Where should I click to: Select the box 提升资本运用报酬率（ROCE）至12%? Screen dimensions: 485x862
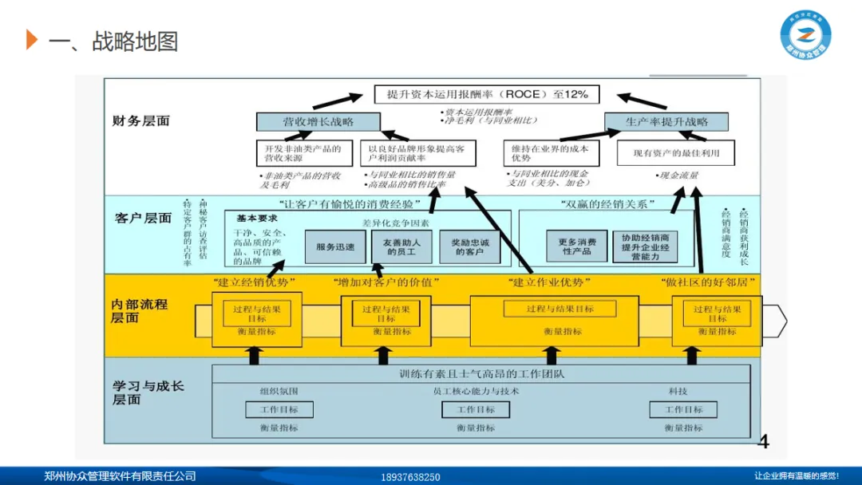(487, 94)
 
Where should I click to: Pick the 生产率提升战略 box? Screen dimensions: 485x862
(666, 122)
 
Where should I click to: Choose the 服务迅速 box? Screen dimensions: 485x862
(335, 247)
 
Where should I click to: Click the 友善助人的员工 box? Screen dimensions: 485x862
(401, 247)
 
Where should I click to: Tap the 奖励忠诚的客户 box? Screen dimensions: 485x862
(470, 247)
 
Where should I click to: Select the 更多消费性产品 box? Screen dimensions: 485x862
(577, 246)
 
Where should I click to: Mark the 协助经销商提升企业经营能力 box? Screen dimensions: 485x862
(646, 247)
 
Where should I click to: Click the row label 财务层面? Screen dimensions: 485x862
(140, 121)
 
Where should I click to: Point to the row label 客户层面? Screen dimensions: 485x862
(143, 218)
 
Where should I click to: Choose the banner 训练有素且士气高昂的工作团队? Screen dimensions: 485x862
(481, 373)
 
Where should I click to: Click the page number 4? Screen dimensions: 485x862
(763, 442)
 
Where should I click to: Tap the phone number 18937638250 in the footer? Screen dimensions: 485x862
(411, 477)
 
